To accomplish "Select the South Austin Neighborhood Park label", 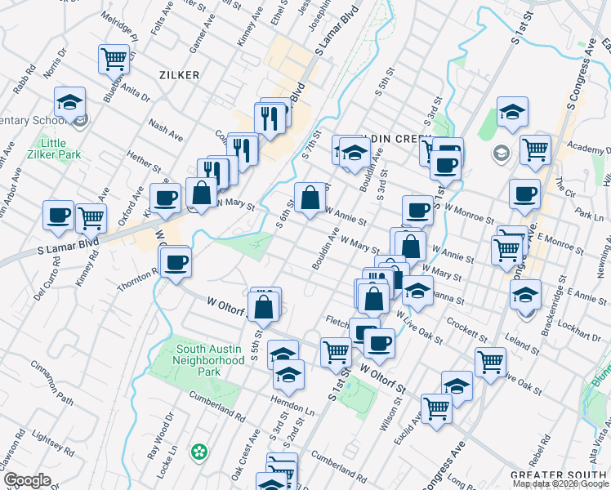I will [x=211, y=360].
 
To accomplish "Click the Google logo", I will [x=27, y=480].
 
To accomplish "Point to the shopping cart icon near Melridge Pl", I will [x=114, y=58].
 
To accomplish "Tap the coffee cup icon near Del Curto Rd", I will [x=59, y=215].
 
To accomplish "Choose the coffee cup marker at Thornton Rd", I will [x=176, y=262].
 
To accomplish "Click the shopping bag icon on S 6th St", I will [x=310, y=198].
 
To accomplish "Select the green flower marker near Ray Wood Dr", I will [x=198, y=451].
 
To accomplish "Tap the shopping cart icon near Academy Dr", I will [x=535, y=149].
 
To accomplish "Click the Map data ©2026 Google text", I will [x=560, y=483].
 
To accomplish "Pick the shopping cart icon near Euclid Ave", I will [x=436, y=407].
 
